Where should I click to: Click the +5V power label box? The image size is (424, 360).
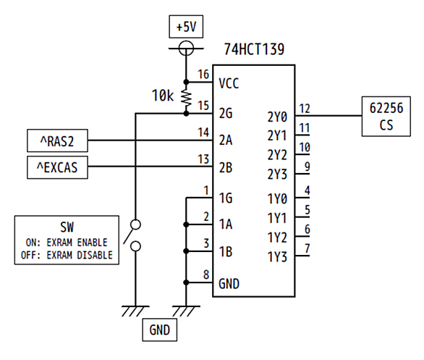(186, 27)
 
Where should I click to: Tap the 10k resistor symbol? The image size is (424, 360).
(186, 98)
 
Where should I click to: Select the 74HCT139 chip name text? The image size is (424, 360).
(254, 49)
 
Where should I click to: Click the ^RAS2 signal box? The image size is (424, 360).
(57, 141)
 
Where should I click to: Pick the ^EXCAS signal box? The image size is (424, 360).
(57, 167)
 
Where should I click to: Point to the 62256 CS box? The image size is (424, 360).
(386, 116)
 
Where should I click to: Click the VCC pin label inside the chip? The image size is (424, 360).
(229, 83)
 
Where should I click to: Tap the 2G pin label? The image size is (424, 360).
(226, 113)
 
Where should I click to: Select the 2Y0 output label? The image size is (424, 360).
(277, 117)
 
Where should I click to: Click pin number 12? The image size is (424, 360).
(305, 109)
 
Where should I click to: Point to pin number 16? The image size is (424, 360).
(203, 75)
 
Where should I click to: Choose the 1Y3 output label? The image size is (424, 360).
(277, 256)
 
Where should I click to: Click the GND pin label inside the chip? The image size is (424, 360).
(229, 284)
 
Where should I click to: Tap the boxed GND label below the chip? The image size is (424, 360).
(159, 330)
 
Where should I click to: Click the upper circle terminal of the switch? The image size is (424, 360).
(135, 225)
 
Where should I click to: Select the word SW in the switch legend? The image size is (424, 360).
(67, 227)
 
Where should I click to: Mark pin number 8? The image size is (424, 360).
(206, 275)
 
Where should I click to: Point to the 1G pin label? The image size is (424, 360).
(226, 198)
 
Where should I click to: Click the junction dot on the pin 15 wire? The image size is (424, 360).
(186, 114)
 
